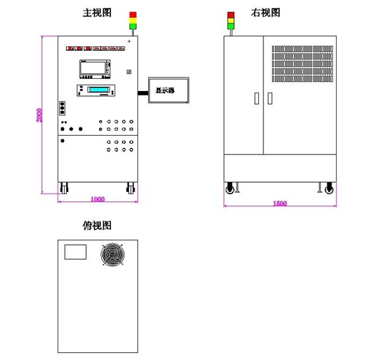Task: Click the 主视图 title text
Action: pyautogui.click(x=96, y=13)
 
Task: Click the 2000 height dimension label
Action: pyautogui.click(x=41, y=115)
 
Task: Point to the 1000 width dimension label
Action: pyautogui.click(x=97, y=199)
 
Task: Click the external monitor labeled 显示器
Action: pyautogui.click(x=169, y=90)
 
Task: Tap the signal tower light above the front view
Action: pyautogui.click(x=132, y=20)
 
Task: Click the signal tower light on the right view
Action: pyautogui.click(x=230, y=20)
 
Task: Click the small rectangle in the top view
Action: pyautogui.click(x=75, y=252)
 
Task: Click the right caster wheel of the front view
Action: pyautogui.click(x=130, y=189)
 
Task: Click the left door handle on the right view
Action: pyautogui.click(x=256, y=100)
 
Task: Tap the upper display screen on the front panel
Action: pyautogui.click(x=94, y=69)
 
